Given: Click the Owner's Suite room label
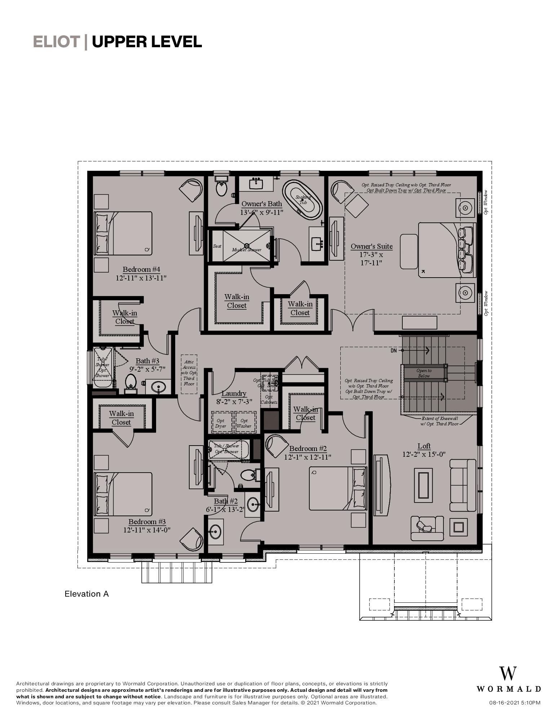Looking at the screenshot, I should (x=371, y=247).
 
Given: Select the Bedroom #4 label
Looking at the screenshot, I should (x=141, y=269).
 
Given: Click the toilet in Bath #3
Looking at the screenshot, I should (x=130, y=382).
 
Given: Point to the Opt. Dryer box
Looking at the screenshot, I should (x=220, y=423).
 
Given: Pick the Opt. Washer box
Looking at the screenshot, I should (x=244, y=423).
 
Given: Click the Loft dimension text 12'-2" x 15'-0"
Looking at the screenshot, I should (x=424, y=454).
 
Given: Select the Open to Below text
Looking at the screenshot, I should (x=424, y=373).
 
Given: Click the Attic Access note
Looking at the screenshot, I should (x=189, y=373).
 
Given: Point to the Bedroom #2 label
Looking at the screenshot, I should (x=308, y=448).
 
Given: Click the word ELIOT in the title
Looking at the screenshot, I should (x=56, y=42).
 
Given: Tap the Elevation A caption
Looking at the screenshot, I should (x=87, y=594).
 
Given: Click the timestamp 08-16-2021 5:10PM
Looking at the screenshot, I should (x=514, y=703).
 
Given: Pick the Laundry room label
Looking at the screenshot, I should (x=234, y=393).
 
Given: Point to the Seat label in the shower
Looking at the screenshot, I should (x=217, y=246).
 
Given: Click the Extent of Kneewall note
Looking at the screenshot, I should (x=440, y=421).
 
